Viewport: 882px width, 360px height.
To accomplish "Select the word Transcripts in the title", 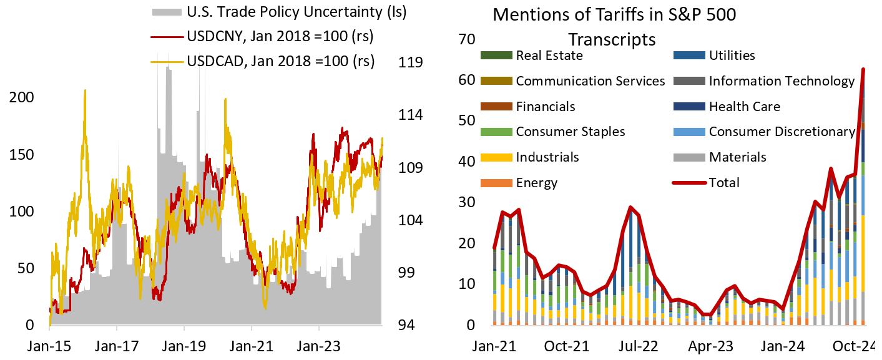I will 612,39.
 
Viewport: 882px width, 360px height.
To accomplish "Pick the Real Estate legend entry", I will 549,55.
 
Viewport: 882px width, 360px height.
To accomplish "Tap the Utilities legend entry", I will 732,55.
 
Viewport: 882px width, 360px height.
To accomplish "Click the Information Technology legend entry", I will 782,80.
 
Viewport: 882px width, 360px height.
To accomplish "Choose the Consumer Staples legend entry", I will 570,132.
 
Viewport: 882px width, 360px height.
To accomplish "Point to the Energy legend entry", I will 536,183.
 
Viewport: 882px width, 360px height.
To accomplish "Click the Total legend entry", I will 724,183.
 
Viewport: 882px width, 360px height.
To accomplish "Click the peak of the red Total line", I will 863,69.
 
